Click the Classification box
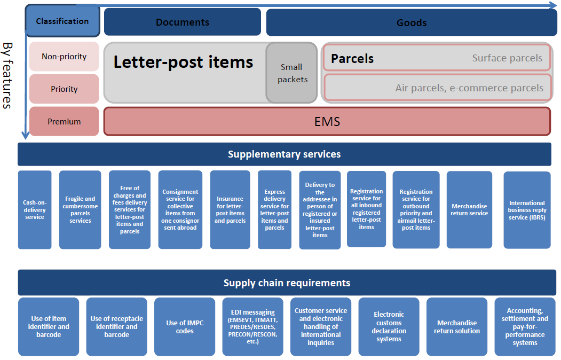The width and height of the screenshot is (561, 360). point(62,21)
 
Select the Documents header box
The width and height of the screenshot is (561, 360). point(183,22)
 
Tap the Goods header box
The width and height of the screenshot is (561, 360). point(411,22)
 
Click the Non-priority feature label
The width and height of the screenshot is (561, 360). point(64,57)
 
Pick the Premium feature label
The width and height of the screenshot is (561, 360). point(64,121)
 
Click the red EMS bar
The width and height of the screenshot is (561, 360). point(327,122)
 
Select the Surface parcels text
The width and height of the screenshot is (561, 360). point(507,58)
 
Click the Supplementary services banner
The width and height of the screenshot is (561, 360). point(284,154)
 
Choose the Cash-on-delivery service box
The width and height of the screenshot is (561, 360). point(35,210)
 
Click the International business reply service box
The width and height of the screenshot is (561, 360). point(527,210)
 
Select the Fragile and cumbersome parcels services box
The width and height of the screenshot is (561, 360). point(80,210)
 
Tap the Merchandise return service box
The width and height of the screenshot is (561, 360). point(469,210)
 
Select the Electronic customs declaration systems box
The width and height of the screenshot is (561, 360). point(389,326)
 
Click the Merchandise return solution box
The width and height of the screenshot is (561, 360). point(457,326)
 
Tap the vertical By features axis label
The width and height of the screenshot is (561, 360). point(7,75)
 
